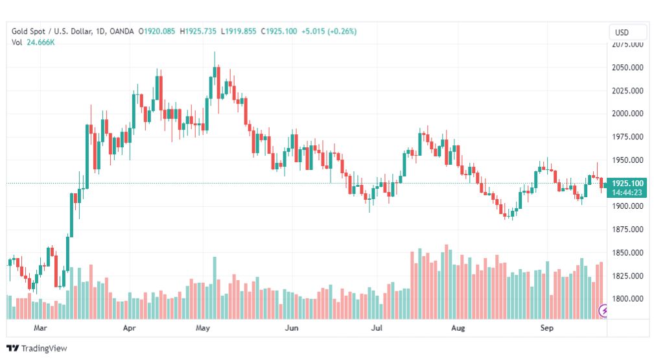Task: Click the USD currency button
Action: pos(628,32)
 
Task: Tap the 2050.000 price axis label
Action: pos(627,67)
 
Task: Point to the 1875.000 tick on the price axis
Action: pos(627,230)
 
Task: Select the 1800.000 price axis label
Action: pos(627,299)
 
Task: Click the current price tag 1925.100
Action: pos(627,184)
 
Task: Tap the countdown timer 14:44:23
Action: pos(627,192)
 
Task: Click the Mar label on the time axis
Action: pos(41,329)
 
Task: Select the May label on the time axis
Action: pos(204,329)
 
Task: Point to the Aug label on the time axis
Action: pos(458,329)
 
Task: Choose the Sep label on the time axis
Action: pos(547,329)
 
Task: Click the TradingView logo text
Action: pos(43,348)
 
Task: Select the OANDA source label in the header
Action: pos(122,31)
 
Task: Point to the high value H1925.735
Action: pos(199,31)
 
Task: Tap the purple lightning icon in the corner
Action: pos(605,311)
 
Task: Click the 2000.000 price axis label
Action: pos(627,114)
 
